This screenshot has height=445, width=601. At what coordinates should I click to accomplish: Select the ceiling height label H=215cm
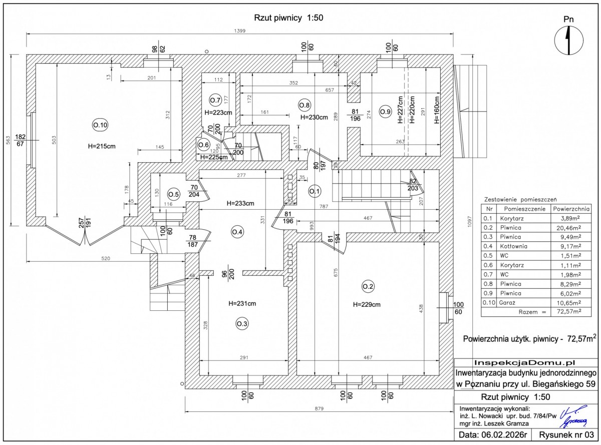101,146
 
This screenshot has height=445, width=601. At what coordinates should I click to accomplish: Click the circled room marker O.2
368,286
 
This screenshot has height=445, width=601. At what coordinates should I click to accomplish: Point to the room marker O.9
384,111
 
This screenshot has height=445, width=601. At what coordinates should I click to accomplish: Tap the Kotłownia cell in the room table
516,246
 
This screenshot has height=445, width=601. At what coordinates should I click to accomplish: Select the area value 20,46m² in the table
570,227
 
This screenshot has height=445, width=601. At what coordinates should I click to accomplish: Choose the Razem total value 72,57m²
570,311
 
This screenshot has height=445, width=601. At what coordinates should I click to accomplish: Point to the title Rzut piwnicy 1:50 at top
289,18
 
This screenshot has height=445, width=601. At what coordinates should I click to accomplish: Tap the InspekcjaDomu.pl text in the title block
525,362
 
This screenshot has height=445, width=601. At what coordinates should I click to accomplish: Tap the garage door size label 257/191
85,223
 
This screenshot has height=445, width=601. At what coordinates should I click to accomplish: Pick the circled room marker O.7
215,99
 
